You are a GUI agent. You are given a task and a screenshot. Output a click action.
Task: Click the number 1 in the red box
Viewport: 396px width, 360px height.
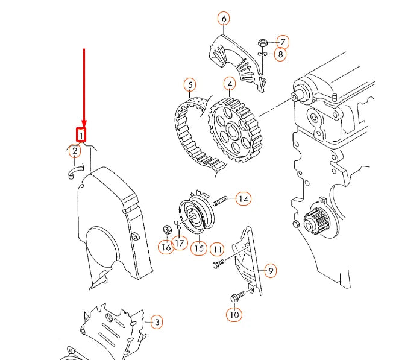[x=81, y=135]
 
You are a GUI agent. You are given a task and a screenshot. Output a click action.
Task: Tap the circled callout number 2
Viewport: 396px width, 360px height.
[x=75, y=151]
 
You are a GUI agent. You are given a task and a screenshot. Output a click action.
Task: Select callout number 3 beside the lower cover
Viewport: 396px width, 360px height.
[x=157, y=322]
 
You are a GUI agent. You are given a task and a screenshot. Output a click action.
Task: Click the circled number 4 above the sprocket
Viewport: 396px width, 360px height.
[x=230, y=84]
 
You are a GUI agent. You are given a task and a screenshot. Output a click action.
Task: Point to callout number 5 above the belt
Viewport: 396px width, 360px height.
[x=190, y=85]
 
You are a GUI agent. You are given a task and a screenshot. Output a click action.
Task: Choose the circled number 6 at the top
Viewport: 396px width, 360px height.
[x=224, y=19]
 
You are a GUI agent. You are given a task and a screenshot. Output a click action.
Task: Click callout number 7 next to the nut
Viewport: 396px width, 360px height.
[x=283, y=42]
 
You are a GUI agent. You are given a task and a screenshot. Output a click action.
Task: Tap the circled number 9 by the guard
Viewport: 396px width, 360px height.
[x=271, y=271]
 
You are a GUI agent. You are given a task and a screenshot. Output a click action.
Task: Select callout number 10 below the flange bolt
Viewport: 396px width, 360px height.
[x=234, y=315]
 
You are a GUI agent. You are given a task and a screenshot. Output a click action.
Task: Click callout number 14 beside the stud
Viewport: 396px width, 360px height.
[x=244, y=199]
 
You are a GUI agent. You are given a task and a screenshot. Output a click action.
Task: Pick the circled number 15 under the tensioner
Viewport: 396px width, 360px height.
[x=199, y=248]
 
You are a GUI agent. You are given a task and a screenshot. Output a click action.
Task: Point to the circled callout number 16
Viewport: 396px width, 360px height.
[x=166, y=247]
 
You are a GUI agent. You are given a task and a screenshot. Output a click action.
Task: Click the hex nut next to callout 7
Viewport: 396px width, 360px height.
[x=263, y=42]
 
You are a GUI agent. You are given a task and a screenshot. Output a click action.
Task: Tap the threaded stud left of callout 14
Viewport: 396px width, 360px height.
[x=220, y=201]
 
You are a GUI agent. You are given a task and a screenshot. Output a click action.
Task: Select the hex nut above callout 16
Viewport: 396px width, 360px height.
[x=167, y=229]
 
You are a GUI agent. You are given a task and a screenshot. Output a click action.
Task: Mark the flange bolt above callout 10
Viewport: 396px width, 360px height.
[x=238, y=297]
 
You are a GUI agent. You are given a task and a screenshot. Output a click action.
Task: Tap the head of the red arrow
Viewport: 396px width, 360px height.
[x=84, y=123]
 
